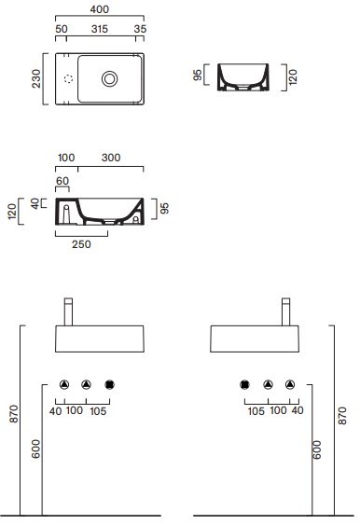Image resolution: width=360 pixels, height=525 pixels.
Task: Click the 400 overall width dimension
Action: [100, 9]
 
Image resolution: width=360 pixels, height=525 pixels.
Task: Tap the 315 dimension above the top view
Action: [100, 29]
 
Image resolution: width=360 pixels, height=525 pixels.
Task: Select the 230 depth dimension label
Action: [36, 78]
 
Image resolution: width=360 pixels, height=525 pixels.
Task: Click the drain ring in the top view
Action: [109, 79]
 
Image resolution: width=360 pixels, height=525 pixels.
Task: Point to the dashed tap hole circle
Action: [68, 79]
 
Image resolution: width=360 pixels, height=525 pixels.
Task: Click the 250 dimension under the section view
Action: [81, 244]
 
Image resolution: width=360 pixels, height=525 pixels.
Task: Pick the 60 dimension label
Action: [62, 181]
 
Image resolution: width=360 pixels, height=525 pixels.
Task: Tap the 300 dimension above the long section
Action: [111, 158]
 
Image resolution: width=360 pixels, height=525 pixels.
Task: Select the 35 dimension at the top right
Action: [140, 29]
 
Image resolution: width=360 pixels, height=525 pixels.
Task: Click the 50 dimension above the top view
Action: [62, 29]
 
